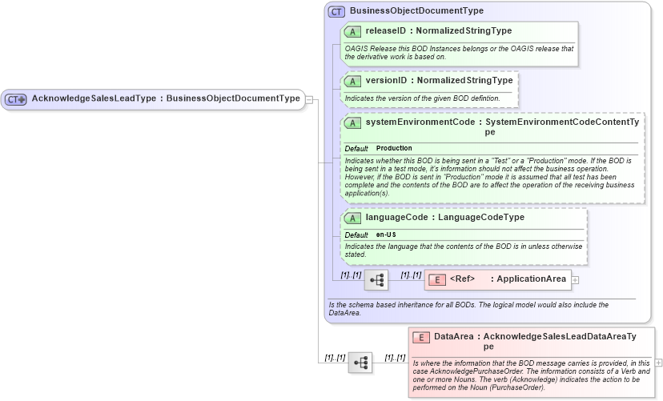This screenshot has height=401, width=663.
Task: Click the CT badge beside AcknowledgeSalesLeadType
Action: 16,99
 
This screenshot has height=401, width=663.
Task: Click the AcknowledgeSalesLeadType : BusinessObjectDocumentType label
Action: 165,99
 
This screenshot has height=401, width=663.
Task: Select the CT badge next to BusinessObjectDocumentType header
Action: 337,12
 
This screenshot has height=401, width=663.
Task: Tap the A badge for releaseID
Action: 352,31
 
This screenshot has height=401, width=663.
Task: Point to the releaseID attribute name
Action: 386,31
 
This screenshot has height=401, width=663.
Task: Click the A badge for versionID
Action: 352,81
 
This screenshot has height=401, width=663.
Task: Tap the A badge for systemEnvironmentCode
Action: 352,123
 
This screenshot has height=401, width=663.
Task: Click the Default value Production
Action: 394,148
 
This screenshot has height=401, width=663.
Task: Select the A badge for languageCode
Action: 352,218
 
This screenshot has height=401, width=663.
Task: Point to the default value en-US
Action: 386,235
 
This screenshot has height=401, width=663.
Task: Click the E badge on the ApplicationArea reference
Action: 437,279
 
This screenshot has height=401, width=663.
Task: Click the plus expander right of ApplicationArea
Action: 575,280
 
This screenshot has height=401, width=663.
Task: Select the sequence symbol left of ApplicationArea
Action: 376,280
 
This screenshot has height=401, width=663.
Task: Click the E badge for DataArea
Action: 421,337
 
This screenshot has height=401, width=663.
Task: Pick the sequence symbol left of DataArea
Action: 360,363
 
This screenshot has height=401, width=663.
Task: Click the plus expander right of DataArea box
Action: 659,363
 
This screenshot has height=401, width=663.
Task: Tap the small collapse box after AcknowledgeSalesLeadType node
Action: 309,99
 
